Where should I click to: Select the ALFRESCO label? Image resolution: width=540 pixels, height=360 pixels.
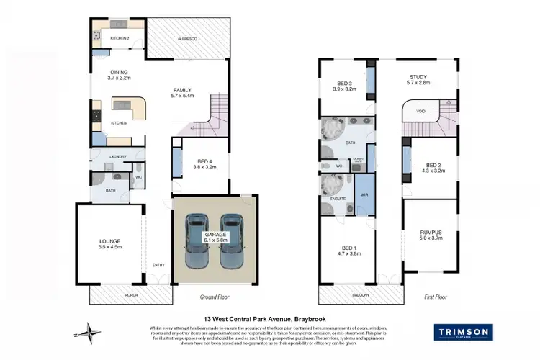(x=189, y=37)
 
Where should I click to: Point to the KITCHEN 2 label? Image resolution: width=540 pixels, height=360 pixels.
(x=119, y=38)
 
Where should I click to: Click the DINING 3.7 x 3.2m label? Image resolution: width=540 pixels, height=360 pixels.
(x=119, y=75)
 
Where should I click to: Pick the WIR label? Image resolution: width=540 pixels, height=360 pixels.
(x=364, y=194)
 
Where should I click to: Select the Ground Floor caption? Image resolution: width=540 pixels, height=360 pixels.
(x=215, y=296)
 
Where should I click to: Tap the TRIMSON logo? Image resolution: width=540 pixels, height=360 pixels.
(x=463, y=332)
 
